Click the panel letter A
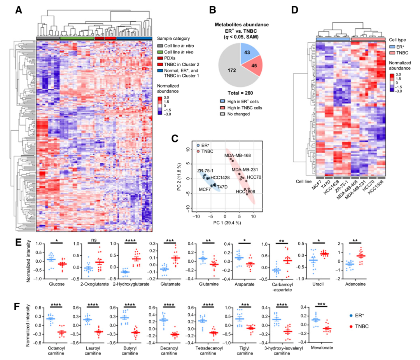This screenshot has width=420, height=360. tap(18, 11)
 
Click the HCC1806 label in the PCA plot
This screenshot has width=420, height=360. tap(245, 192)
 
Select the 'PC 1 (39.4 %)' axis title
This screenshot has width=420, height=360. tap(226, 223)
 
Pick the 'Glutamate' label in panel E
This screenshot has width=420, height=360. tap(170, 284)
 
